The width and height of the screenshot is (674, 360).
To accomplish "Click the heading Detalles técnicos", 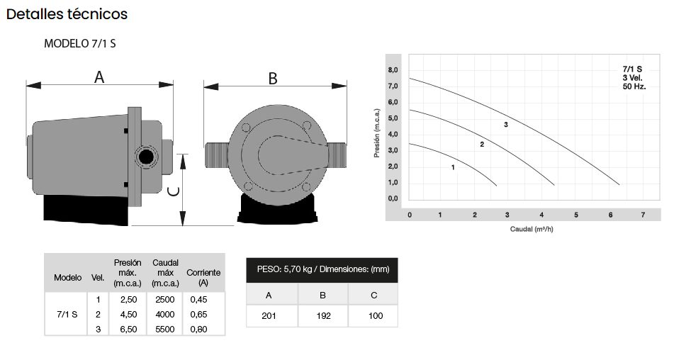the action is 67,14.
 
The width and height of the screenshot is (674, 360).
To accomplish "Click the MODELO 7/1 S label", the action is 80,43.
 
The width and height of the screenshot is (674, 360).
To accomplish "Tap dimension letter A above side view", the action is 99,77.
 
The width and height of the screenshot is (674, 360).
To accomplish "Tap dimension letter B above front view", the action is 273,79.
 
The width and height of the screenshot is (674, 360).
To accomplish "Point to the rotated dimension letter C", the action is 174,191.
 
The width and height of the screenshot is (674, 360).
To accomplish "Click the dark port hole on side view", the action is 146,157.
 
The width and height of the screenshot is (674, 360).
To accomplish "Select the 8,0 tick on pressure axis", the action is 393,70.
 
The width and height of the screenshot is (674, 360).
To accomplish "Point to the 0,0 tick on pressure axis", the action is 393,198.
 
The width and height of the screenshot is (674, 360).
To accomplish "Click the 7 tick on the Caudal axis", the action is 643,215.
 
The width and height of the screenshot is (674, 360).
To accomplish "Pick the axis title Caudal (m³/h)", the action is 532,229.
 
